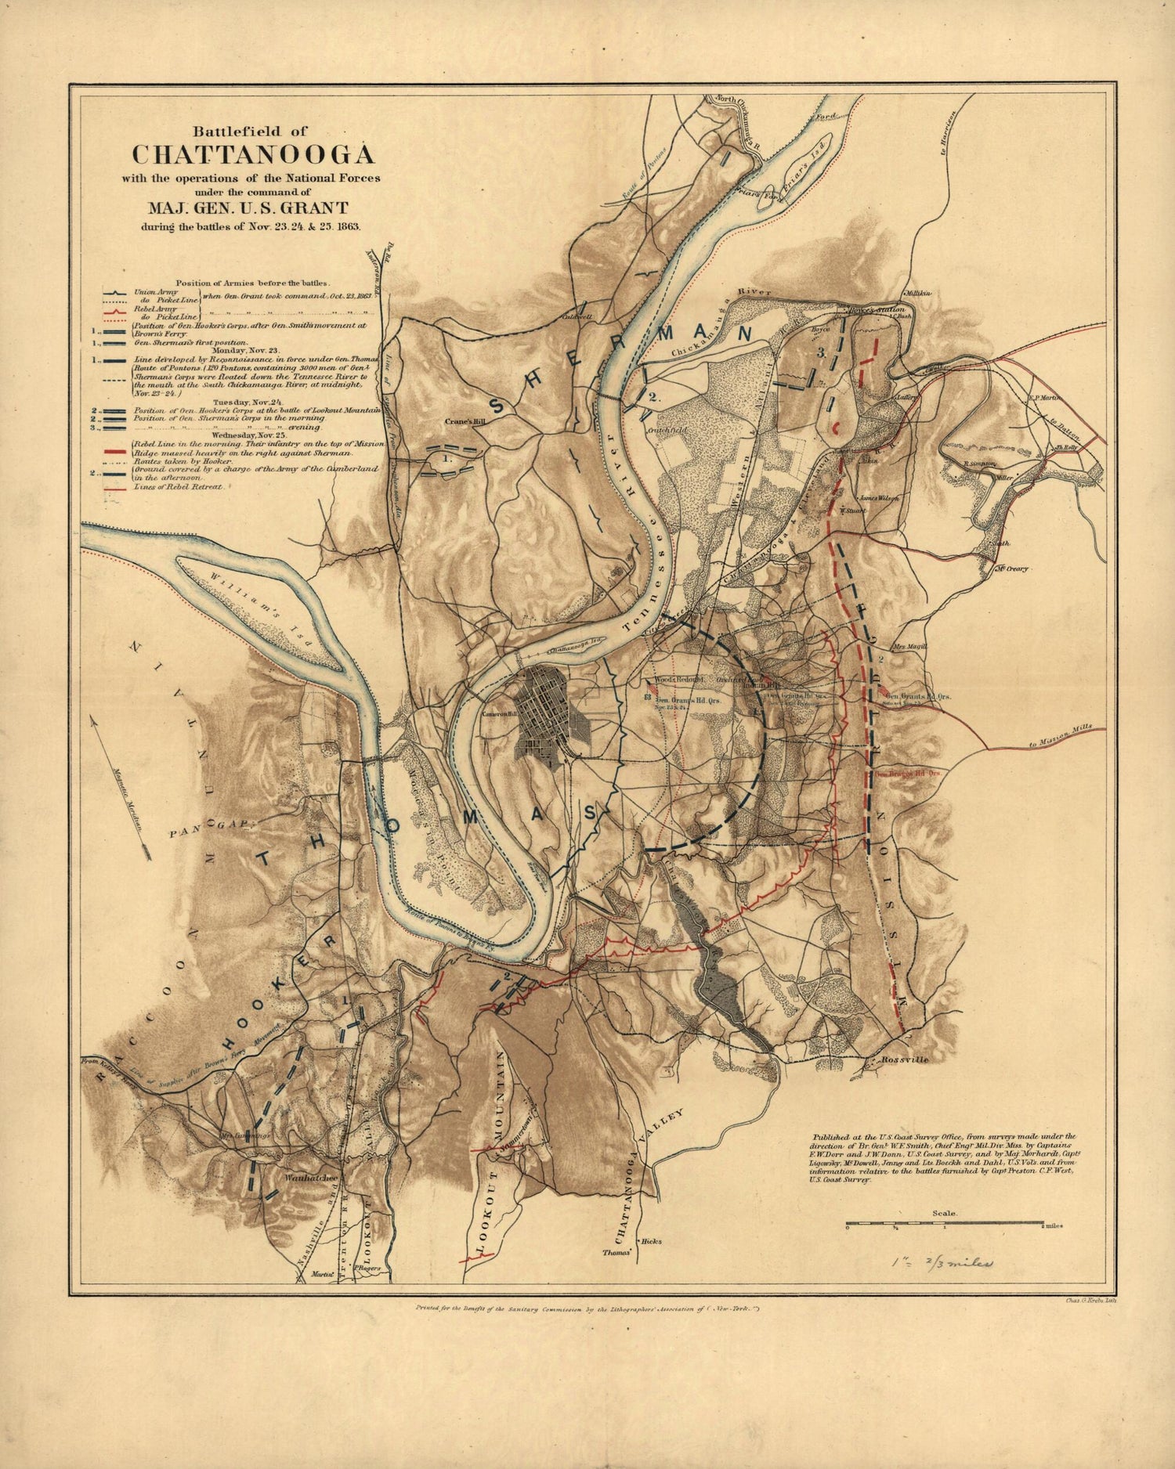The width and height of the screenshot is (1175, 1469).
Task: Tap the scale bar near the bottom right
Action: [x=945, y=1223]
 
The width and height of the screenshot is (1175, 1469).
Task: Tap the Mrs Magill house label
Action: [x=909, y=647]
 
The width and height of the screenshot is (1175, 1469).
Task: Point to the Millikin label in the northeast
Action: [x=918, y=293]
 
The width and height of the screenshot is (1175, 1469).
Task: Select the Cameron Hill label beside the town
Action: [x=501, y=714]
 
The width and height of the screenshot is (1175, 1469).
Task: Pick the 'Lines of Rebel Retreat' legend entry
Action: [x=179, y=486]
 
